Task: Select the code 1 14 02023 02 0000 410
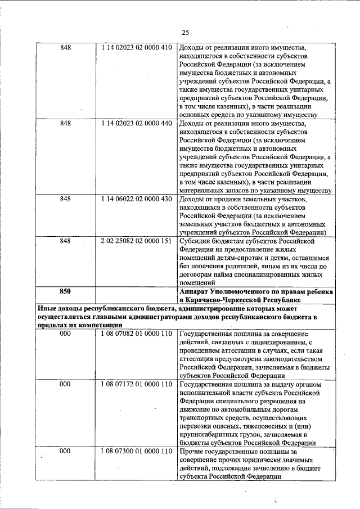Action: click(137, 48)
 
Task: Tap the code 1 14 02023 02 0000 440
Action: click(137, 123)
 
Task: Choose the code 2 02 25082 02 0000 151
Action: click(137, 241)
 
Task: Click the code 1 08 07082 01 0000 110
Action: click(137, 334)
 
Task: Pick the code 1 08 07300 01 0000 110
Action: click(137, 452)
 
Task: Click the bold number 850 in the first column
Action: click(66, 291)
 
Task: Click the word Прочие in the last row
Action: click(192, 452)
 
